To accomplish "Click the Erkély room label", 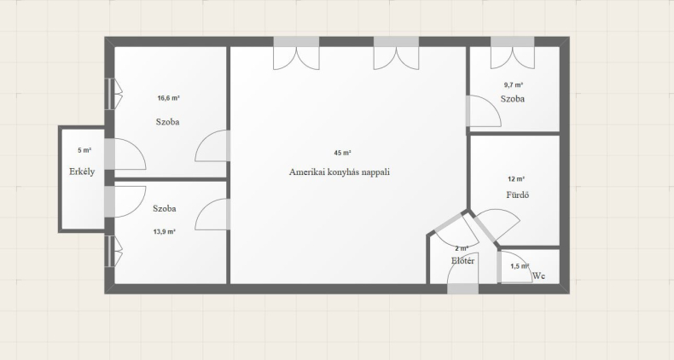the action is click(82, 171).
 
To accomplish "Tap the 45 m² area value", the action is click(343, 153).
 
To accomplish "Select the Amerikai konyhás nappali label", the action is click(340, 171).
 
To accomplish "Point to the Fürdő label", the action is click(518, 195).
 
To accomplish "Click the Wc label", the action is click(539, 276).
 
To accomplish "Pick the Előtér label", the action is click(463, 260).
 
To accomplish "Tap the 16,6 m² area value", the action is click(169, 98).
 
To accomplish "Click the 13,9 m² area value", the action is click(164, 231).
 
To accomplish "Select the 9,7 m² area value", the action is click(514, 85).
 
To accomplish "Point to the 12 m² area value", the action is click(516, 179).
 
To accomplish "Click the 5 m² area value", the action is click(84, 150).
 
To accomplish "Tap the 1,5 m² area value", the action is click(520, 266).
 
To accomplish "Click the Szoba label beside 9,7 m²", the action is click(513, 99).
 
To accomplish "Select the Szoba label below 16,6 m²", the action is click(167, 122).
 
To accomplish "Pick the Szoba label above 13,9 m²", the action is click(165, 209).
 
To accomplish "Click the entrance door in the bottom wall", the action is click(463, 288).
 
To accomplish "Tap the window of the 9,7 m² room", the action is click(513, 42).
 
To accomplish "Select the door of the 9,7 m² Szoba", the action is click(484, 111).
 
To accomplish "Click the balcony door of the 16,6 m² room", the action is click(125, 154).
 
